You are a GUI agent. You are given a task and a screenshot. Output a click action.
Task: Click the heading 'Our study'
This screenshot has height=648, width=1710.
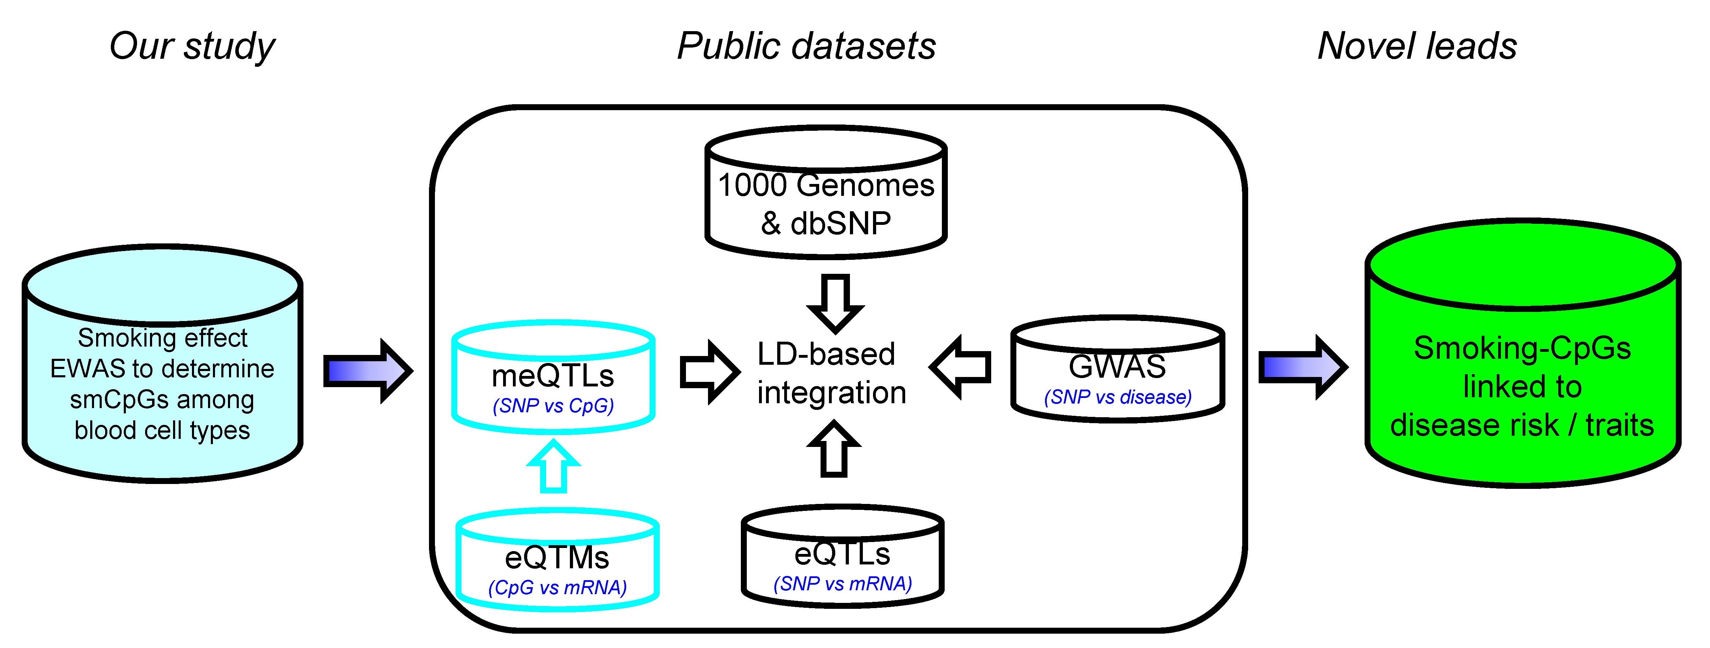point(192,47)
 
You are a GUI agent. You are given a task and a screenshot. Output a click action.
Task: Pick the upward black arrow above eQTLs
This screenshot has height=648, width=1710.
point(835,448)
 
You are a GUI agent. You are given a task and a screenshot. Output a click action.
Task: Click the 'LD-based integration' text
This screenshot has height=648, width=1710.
point(831,373)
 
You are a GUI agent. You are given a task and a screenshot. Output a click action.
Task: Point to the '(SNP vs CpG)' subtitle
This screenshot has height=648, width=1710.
point(553,406)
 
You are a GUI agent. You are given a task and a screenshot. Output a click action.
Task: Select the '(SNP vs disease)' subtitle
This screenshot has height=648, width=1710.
point(1118,397)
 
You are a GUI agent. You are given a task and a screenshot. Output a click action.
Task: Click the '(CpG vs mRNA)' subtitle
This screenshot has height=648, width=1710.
point(557,588)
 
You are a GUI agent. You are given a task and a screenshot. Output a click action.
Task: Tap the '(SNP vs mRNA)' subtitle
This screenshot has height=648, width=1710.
point(842,584)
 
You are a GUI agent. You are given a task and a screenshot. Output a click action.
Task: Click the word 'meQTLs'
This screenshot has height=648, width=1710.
point(553,376)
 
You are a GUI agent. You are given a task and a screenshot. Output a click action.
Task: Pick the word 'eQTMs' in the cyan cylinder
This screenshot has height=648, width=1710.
point(557,558)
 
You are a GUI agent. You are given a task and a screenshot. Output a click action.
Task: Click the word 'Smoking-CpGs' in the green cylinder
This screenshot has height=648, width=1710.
point(1522,349)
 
